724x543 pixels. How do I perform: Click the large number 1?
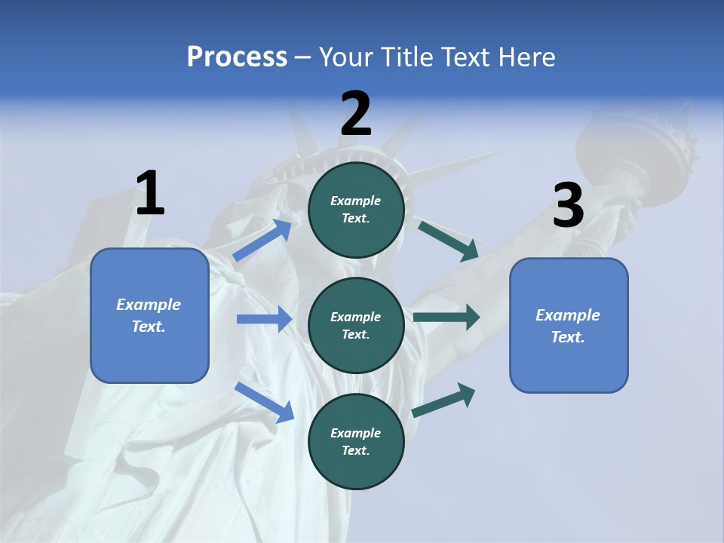pyautogui.click(x=150, y=194)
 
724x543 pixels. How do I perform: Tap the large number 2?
pyautogui.click(x=356, y=114)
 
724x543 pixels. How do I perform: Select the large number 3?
pyautogui.click(x=568, y=206)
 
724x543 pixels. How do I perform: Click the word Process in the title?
pyautogui.click(x=237, y=57)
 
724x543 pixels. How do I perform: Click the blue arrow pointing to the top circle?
pyautogui.click(x=262, y=241)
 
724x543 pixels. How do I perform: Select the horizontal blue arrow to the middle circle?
pyautogui.click(x=264, y=319)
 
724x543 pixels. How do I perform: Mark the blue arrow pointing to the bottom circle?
pyautogui.click(x=264, y=401)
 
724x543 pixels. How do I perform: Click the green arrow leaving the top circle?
pyautogui.click(x=449, y=241)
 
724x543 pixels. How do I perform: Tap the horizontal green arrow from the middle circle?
pyautogui.click(x=446, y=318)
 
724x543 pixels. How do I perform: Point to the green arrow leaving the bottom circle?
pyautogui.click(x=443, y=400)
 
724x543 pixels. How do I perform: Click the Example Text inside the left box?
pyautogui.click(x=149, y=315)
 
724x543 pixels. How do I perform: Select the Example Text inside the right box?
pyautogui.click(x=568, y=326)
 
